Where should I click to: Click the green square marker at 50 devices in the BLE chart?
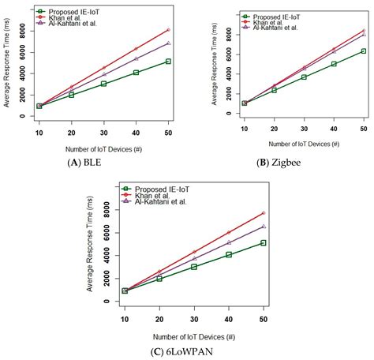coord(167,61)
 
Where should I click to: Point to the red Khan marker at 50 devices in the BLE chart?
coord(167,30)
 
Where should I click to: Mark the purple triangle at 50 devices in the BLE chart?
coord(167,43)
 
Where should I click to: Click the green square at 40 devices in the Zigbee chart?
coord(334,64)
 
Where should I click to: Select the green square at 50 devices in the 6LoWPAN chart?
coord(263,243)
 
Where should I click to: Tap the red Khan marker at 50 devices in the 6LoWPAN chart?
coord(263,213)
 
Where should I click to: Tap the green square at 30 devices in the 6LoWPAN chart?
coord(194,267)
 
